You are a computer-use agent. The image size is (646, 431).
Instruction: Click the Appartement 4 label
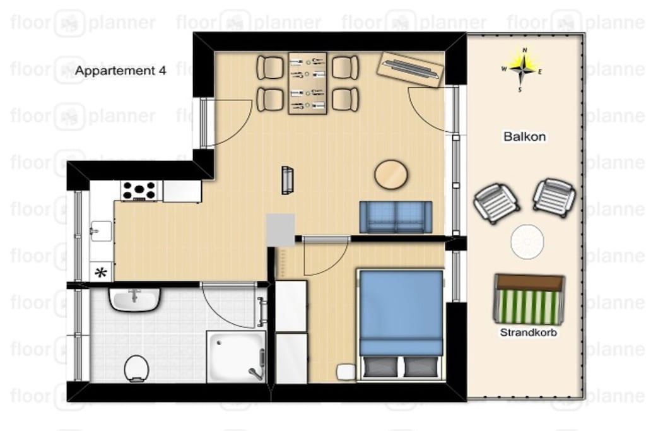pos(120,71)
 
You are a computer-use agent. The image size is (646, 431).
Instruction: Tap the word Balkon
pos(524,136)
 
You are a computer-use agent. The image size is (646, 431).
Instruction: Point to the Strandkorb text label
pos(528,332)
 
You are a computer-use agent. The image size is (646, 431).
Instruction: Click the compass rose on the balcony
pos(522,69)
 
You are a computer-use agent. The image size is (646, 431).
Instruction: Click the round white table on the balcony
pos(527,242)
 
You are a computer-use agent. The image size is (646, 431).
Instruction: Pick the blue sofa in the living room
pos(396,217)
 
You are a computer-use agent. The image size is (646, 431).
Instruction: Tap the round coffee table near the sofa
pos(391,174)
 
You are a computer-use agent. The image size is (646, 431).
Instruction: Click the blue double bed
pos(401,324)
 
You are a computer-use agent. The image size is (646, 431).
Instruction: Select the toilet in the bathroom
pos(136,368)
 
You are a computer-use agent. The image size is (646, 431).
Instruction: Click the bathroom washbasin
pos(134,299)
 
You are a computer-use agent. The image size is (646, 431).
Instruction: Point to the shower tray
pos(236,357)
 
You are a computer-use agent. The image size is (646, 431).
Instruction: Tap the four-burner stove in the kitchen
pos(139,191)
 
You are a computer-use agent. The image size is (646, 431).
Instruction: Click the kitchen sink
pos(100,231)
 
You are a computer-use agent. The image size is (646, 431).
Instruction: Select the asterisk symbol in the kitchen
pos(101,273)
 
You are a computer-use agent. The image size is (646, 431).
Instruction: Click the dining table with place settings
pos(307,83)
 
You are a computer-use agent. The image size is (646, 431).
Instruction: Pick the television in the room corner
pos(410,69)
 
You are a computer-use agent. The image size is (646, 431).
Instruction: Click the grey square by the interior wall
pos(280,230)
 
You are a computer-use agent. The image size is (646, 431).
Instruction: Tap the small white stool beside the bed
pos(346,372)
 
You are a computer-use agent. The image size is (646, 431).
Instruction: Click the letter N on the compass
pos(524,50)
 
